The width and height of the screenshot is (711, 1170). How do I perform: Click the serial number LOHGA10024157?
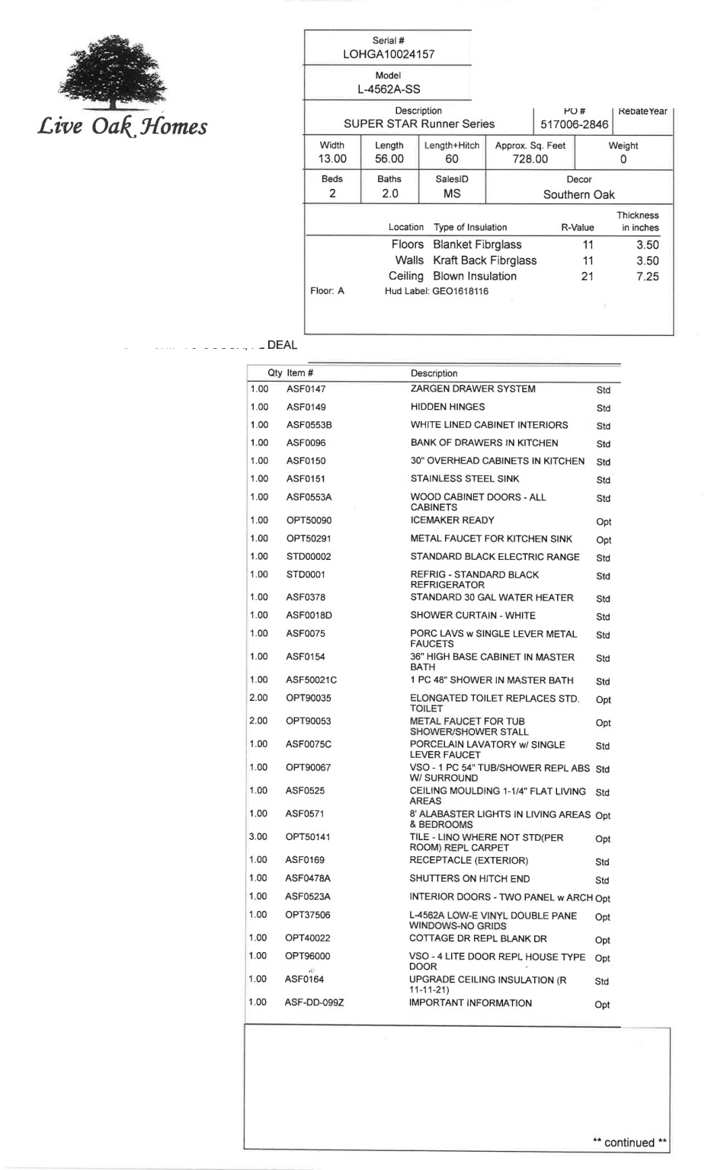point(389,54)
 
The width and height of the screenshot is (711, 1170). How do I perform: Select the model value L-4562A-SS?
point(389,89)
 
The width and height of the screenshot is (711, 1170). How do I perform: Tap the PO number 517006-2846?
point(574,124)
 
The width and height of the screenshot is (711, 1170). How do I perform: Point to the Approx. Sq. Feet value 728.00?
point(530,159)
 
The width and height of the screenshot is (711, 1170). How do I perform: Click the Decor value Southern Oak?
point(578,194)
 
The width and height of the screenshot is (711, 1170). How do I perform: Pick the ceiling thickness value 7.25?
point(647,277)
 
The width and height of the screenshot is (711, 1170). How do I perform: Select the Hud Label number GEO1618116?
point(460,291)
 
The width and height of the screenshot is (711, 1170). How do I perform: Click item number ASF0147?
point(306,389)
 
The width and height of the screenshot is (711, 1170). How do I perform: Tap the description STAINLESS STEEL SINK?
point(464,479)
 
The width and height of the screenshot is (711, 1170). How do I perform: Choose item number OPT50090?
point(309,520)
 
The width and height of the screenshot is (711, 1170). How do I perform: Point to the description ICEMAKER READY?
point(452,520)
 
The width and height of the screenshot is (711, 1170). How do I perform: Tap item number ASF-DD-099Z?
point(314,1003)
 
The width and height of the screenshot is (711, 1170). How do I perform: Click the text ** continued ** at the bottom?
point(629,1142)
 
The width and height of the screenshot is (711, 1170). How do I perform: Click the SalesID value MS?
point(452,193)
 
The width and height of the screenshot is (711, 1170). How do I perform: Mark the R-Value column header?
point(577,228)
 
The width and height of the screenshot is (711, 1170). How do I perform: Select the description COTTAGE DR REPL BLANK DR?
point(478,938)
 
